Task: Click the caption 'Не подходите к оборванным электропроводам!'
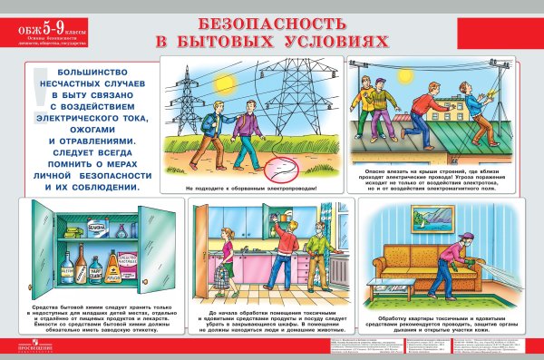[x=251, y=189]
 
